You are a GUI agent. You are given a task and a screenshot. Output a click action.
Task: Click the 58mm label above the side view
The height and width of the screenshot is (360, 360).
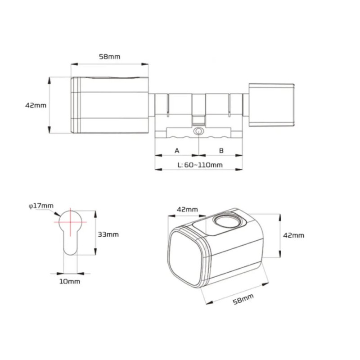[x=109, y=57]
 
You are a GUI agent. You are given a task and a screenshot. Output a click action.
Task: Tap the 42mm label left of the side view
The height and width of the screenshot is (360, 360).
[x=36, y=105]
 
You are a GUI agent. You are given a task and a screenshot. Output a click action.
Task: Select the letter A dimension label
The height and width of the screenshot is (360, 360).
[x=177, y=151]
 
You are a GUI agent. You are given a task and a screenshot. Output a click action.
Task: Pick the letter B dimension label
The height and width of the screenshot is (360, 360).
[x=221, y=151]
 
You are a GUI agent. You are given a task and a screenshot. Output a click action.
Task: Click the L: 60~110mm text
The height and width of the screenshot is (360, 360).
[x=200, y=165]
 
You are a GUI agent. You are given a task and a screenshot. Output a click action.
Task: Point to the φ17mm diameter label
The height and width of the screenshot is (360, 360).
[x=41, y=206]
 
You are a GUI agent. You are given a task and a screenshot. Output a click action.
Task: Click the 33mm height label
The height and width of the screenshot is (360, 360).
[x=108, y=234]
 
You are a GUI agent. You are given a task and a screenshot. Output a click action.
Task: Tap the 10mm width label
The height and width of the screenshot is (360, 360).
[x=70, y=282]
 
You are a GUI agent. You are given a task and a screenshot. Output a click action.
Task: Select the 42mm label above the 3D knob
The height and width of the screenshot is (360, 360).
[x=187, y=209]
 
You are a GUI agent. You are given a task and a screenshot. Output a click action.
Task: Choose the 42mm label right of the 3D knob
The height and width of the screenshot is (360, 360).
[x=293, y=235]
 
